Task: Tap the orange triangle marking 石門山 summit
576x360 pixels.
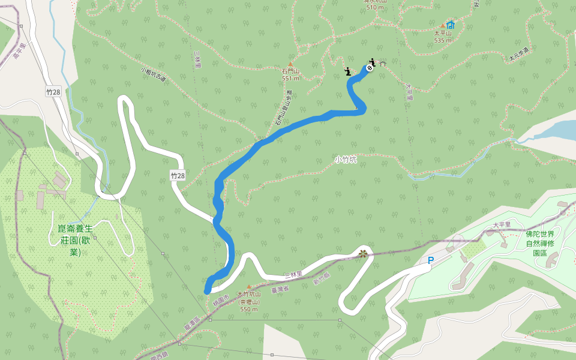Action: point(290,64)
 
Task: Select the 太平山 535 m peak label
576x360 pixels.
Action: point(442,37)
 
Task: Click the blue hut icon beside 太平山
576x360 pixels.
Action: point(451,25)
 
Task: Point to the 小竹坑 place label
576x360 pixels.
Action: point(346,160)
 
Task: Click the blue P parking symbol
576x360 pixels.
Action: point(430,260)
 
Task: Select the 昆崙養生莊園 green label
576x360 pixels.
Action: point(75,240)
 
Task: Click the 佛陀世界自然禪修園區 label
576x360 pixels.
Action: point(544,243)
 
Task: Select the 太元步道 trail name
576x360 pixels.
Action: point(518,54)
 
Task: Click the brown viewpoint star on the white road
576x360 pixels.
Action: point(362,253)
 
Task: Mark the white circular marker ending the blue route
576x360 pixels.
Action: point(370,68)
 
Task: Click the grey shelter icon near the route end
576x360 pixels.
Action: point(382,64)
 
